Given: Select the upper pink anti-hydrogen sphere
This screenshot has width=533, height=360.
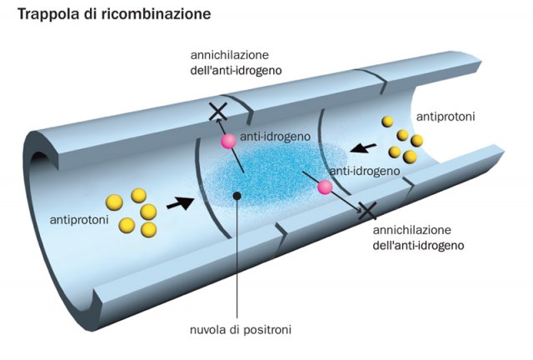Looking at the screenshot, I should click(x=227, y=142).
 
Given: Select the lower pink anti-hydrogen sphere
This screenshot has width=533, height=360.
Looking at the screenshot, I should click(x=325, y=188).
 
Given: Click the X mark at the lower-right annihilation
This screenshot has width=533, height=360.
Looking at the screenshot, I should click(x=366, y=212).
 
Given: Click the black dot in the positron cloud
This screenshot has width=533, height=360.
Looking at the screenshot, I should click(x=238, y=196).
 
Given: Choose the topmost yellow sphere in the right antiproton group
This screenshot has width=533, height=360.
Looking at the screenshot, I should click(x=388, y=122).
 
